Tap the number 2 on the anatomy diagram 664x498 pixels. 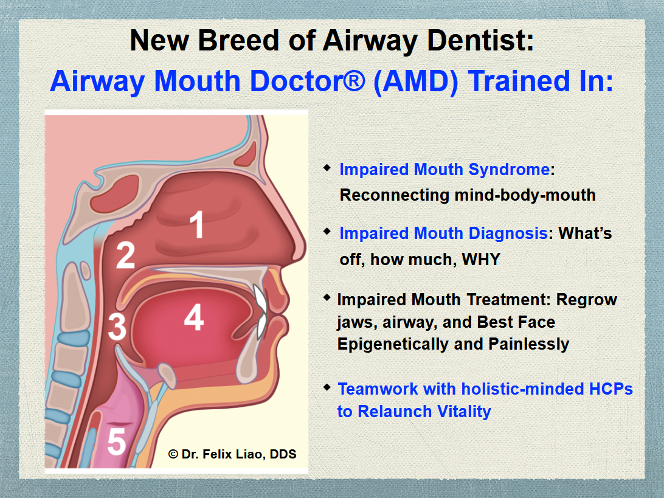click(x=125, y=255)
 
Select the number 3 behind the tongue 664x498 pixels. click(x=117, y=327)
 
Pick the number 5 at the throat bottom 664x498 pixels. click(x=117, y=441)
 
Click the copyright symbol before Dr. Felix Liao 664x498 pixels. click(x=173, y=454)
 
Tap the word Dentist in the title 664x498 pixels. click(x=480, y=41)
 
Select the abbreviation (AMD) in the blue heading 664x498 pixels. click(x=416, y=81)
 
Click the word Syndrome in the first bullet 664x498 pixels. click(x=509, y=170)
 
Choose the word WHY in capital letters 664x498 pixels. click(x=481, y=259)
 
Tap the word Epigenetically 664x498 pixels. click(x=393, y=344)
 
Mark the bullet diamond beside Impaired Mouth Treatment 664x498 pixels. click(x=327, y=298)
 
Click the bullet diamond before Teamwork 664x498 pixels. click(x=327, y=387)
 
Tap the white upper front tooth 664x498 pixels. click(x=260, y=297)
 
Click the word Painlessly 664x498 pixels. click(x=529, y=344)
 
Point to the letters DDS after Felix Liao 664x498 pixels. click(x=283, y=454)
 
